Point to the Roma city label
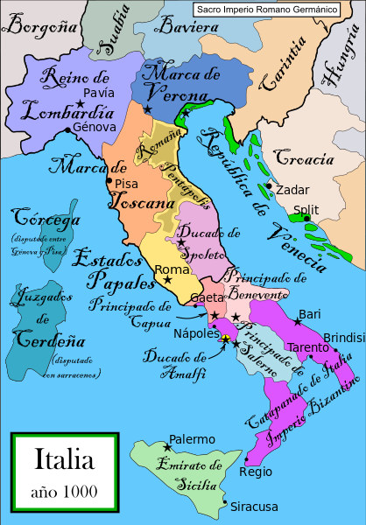tap(171, 269)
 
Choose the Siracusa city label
tap(255, 507)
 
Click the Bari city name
tap(309, 313)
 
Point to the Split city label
tap(306, 209)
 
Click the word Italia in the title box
tap(66, 458)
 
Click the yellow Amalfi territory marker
tap(226, 339)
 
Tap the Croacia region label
tap(305, 159)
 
